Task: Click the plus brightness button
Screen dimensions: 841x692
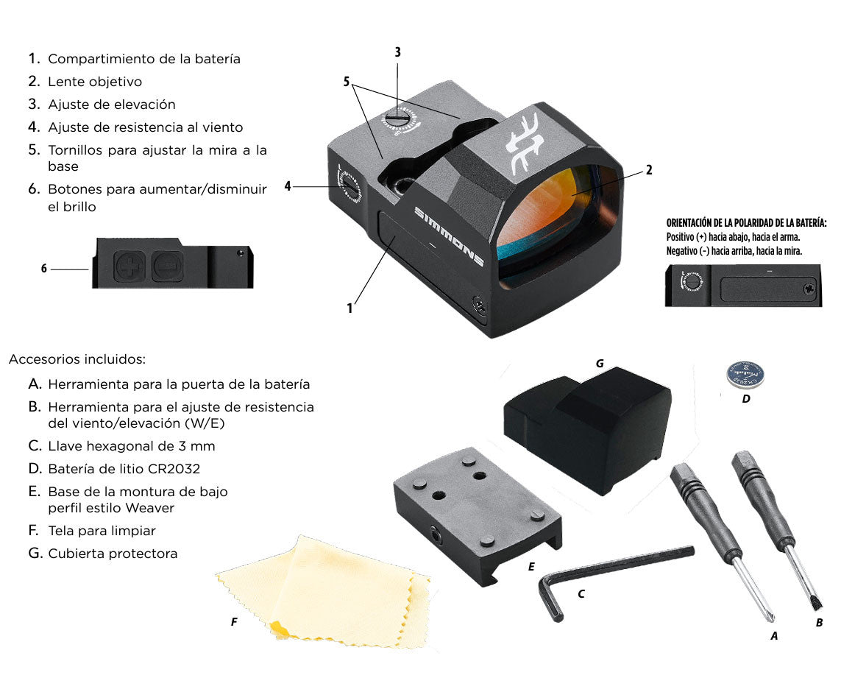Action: pyautogui.click(x=129, y=266)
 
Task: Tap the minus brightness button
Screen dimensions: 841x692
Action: pyautogui.click(x=167, y=266)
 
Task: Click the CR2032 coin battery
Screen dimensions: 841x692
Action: pyautogui.click(x=745, y=375)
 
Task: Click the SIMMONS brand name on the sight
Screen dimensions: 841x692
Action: pyautogui.click(x=450, y=236)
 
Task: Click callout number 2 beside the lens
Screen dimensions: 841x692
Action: pyautogui.click(x=649, y=170)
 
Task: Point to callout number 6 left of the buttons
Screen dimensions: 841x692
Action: pyautogui.click(x=44, y=268)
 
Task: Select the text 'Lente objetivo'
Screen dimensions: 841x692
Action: pyautogui.click(x=95, y=82)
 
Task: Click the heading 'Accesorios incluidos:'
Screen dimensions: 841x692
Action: pyautogui.click(x=77, y=359)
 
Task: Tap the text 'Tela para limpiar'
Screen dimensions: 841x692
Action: pyautogui.click(x=102, y=531)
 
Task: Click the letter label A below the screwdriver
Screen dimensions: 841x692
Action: pyautogui.click(x=774, y=635)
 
